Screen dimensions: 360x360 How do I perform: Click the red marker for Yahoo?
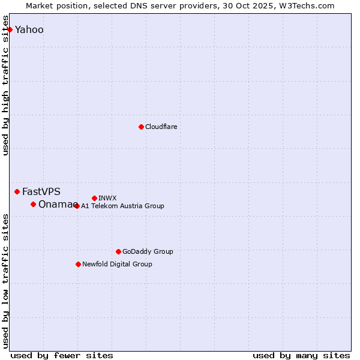(10, 29)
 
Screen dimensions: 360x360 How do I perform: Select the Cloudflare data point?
(141, 127)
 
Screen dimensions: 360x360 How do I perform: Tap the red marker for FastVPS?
(17, 191)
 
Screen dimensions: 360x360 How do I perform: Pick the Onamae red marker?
(33, 204)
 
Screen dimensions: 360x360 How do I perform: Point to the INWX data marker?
(94, 198)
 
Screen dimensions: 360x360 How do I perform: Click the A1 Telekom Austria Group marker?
(76, 206)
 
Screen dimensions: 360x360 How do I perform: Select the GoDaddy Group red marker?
(118, 251)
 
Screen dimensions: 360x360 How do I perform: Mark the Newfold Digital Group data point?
(78, 264)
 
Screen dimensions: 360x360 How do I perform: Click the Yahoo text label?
(29, 29)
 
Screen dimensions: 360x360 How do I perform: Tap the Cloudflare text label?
(161, 127)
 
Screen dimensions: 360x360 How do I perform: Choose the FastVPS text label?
(41, 191)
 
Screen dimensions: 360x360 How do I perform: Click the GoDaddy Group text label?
(148, 251)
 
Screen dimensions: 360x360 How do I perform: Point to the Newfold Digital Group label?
(117, 264)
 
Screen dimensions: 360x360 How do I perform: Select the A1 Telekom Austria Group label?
(122, 206)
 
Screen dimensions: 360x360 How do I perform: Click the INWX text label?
(107, 198)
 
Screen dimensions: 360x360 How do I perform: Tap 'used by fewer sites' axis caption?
(62, 355)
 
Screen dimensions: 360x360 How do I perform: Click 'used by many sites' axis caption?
(301, 355)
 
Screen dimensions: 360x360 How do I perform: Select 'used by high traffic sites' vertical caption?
(6, 85)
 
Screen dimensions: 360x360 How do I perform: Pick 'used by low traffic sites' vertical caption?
(6, 280)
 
